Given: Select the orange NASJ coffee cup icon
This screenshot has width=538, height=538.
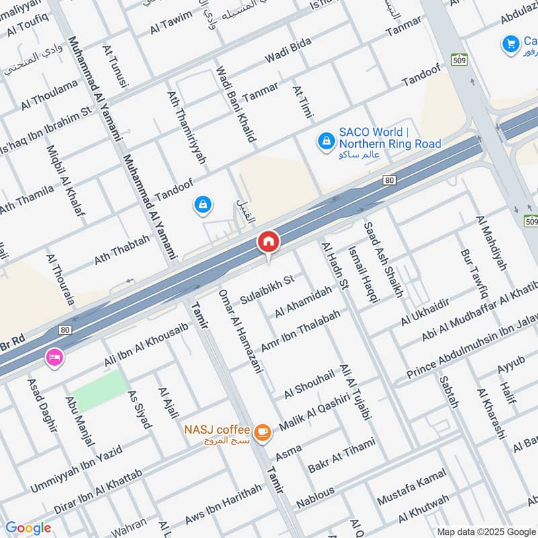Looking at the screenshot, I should pyautogui.click(x=263, y=434).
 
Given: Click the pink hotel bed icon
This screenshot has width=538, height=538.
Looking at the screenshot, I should pyautogui.click(x=53, y=358).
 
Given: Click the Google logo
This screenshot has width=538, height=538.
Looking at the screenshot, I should pyautogui.click(x=28, y=528).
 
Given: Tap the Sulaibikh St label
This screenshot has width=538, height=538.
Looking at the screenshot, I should pyautogui.click(x=268, y=288).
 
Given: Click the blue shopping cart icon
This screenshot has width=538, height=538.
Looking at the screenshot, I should pyautogui.click(x=510, y=44).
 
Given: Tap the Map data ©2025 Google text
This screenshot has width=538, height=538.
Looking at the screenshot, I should pyautogui.click(x=485, y=531).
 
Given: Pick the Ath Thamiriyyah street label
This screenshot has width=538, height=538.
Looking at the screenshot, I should pyautogui.click(x=187, y=127).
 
